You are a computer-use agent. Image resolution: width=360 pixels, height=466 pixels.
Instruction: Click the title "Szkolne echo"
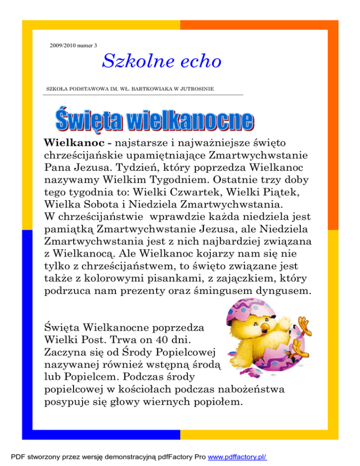click(x=161, y=60)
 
